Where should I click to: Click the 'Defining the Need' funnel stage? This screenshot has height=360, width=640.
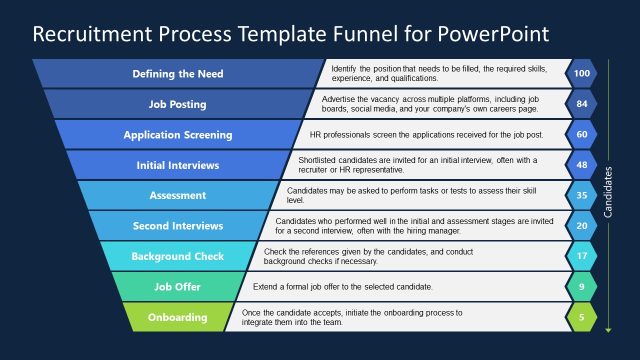178,74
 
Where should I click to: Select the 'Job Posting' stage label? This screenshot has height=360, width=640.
178,104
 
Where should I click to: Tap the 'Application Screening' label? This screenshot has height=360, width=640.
178,134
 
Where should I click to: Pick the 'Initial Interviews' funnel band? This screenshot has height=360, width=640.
178,165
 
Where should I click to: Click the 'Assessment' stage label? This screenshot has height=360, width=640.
178,195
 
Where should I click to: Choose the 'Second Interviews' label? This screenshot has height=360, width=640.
178,226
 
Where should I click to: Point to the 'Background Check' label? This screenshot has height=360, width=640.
178,256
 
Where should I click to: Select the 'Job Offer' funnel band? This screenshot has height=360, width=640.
178,287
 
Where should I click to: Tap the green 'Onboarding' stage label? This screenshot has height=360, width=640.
178,318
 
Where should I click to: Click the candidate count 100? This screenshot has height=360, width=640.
581,74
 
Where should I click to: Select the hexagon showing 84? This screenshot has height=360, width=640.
581,104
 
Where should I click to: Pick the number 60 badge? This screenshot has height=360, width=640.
581,134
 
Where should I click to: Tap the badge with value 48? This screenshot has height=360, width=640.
581,165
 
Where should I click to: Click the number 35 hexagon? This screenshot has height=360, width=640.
581,195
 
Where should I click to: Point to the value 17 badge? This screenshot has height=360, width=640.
581,256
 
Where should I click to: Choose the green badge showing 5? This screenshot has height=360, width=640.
581,318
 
